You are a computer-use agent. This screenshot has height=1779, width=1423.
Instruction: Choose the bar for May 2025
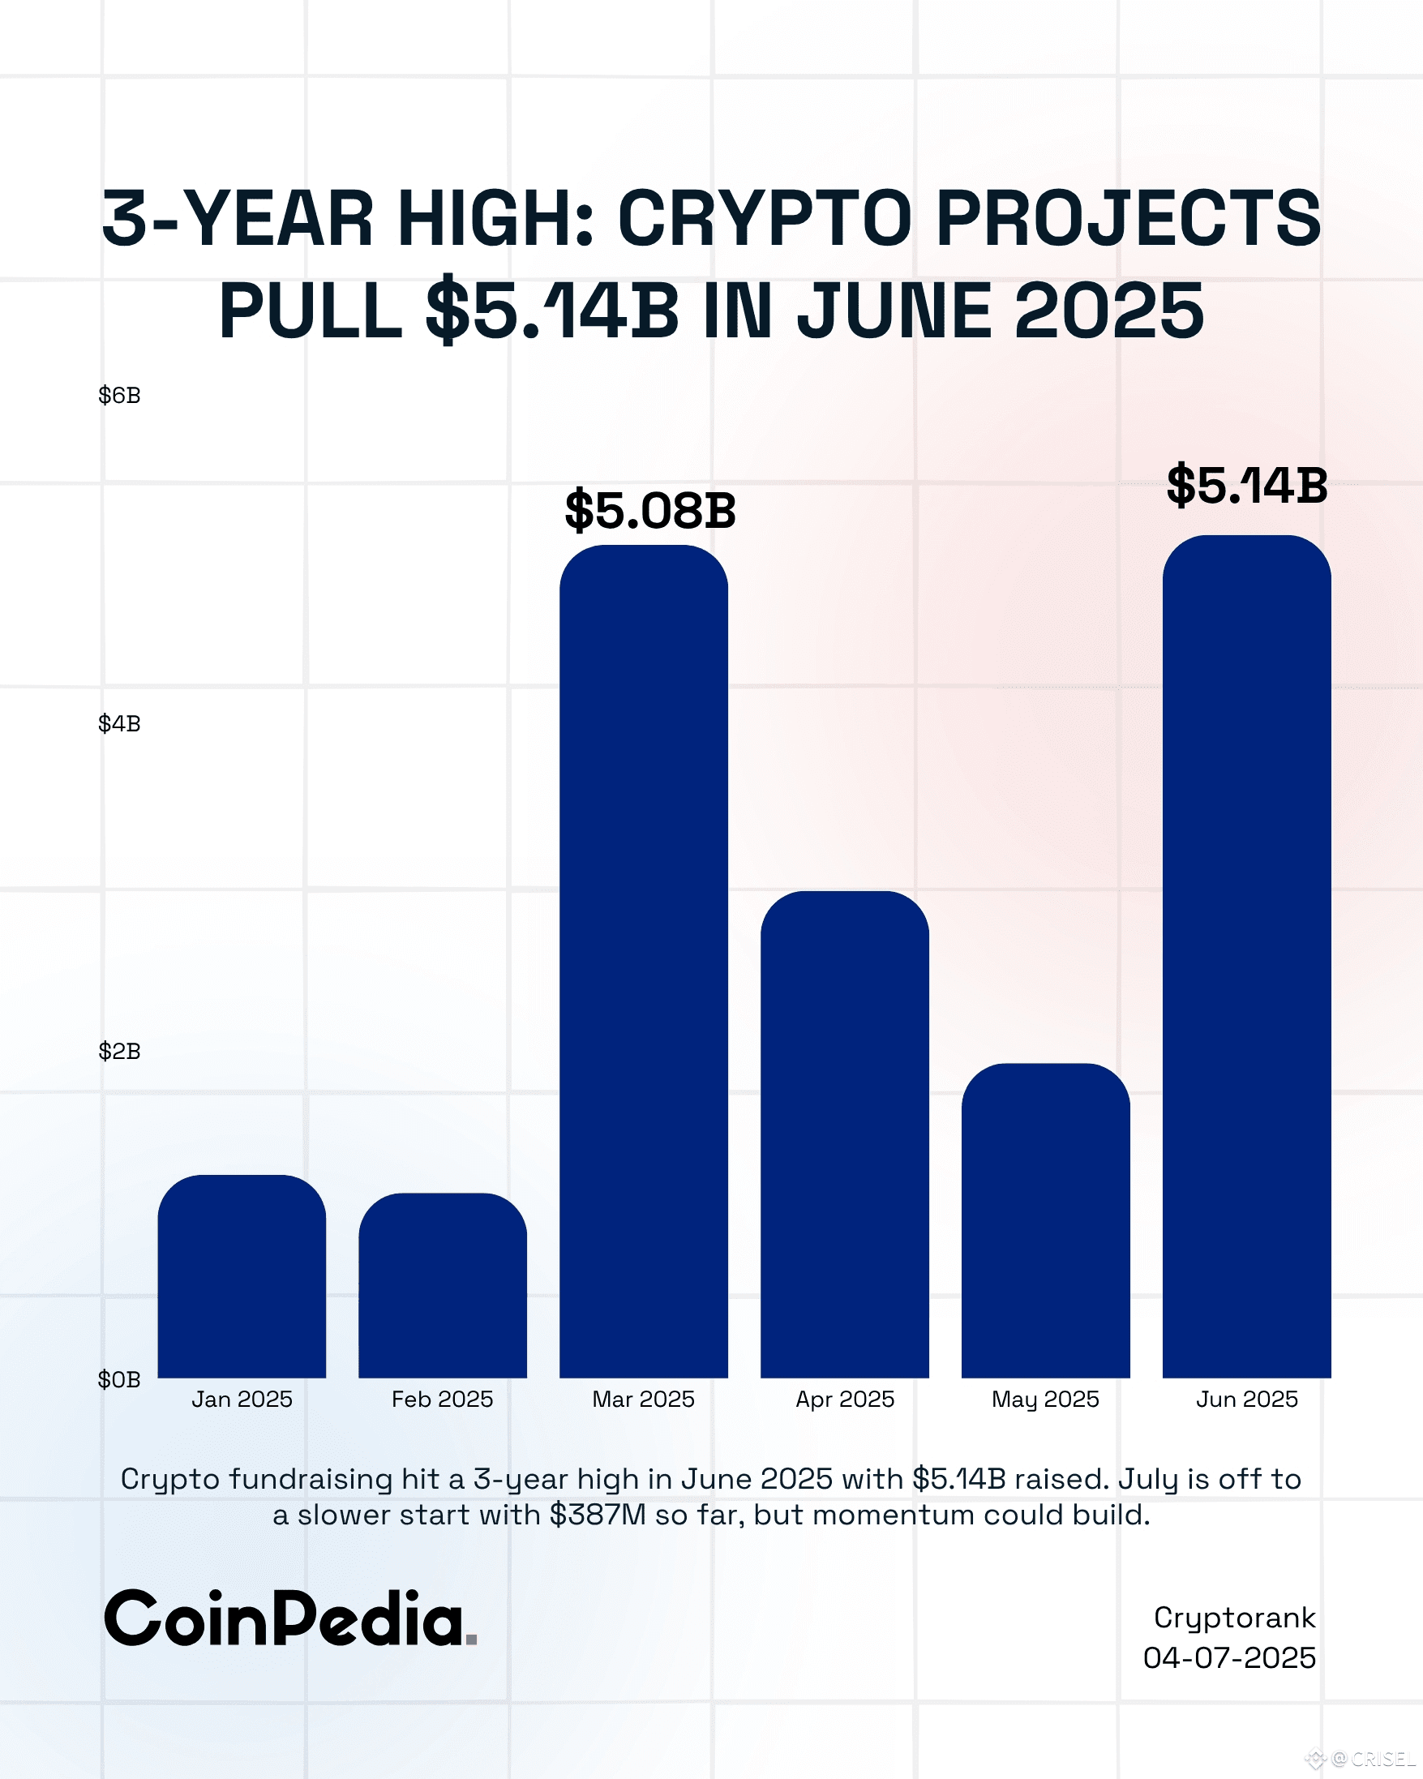[x=1045, y=1221]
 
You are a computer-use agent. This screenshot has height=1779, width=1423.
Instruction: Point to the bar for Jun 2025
[x=1246, y=957]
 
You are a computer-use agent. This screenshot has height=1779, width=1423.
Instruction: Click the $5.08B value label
[x=650, y=511]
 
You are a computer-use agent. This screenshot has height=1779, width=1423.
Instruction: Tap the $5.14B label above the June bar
[x=1246, y=486]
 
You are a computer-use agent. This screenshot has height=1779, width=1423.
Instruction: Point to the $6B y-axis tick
[x=120, y=396]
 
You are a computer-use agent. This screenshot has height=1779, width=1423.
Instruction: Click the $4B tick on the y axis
[x=120, y=723]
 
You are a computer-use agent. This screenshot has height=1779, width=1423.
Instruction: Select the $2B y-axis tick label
[x=120, y=1051]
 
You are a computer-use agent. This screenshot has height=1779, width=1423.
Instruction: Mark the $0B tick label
[x=120, y=1378]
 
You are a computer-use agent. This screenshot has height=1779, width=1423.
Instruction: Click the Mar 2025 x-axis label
[x=644, y=1400]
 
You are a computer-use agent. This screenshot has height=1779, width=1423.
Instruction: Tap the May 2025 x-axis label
[x=1045, y=1400]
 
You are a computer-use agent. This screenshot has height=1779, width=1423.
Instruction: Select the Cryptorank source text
[x=1234, y=1618]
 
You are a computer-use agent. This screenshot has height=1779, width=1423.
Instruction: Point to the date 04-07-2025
[x=1229, y=1658]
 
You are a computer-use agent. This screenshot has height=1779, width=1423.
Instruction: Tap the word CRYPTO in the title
[x=764, y=220]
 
